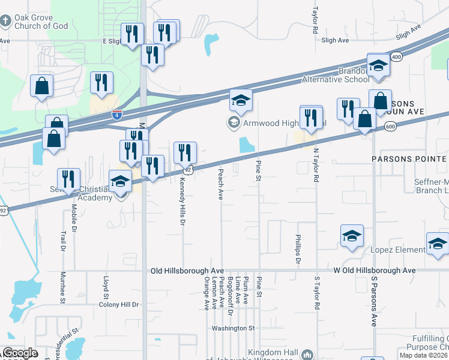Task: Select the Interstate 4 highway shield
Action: [117, 113]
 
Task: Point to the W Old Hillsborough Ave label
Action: [375, 271]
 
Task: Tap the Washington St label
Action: [233, 328]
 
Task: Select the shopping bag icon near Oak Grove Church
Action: [42, 86]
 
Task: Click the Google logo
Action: [20, 353]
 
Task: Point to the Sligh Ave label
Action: [335, 40]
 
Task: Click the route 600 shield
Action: [390, 127]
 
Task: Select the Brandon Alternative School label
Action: [335, 74]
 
